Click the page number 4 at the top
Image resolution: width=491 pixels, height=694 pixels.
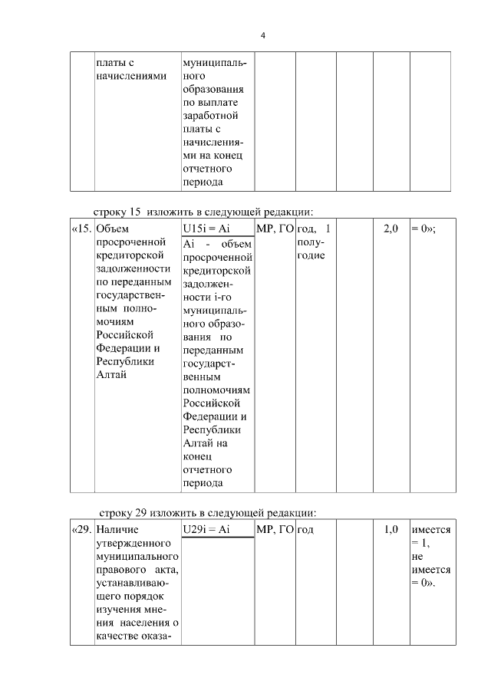click(x=262, y=35)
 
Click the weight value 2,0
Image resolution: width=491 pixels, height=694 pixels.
click(x=390, y=229)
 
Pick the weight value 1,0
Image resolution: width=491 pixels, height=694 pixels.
click(x=390, y=529)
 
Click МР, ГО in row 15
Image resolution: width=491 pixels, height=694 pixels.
click(x=275, y=229)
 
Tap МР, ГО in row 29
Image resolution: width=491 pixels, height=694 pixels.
click(x=275, y=529)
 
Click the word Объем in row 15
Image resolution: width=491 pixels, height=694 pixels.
click(x=114, y=229)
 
